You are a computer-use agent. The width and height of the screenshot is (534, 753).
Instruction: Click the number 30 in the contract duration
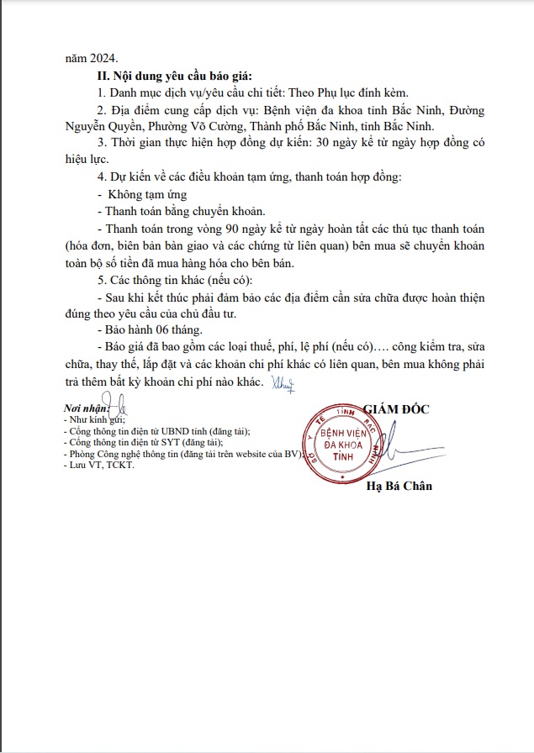(339, 143)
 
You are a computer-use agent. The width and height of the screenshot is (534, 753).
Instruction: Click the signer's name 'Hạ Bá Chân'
(399, 487)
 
